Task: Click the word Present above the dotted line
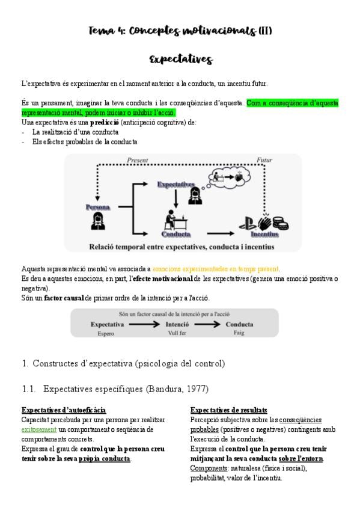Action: pyautogui.click(x=137, y=160)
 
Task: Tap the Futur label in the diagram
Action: pyautogui.click(x=264, y=160)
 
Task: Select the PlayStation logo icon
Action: pyautogui.click(x=247, y=224)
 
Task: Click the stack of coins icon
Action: pyautogui.click(x=281, y=224)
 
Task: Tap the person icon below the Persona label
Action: pyautogui.click(x=98, y=221)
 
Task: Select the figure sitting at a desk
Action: pyautogui.click(x=175, y=220)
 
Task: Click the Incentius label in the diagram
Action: pyautogui.click(x=264, y=234)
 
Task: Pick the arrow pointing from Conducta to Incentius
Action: pyautogui.click(x=221, y=233)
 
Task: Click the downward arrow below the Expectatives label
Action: pyautogui.click(x=175, y=198)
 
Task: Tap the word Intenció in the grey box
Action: pyautogui.click(x=177, y=324)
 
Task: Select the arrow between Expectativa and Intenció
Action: pyautogui.click(x=144, y=324)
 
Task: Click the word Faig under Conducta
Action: pyautogui.click(x=239, y=333)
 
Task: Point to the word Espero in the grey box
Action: pyautogui.click(x=106, y=333)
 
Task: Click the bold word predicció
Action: pyautogui.click(x=105, y=123)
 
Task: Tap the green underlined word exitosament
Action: pyautogui.click(x=39, y=429)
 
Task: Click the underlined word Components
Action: pyautogui.click(x=209, y=469)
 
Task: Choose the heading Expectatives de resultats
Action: pyautogui.click(x=229, y=410)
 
